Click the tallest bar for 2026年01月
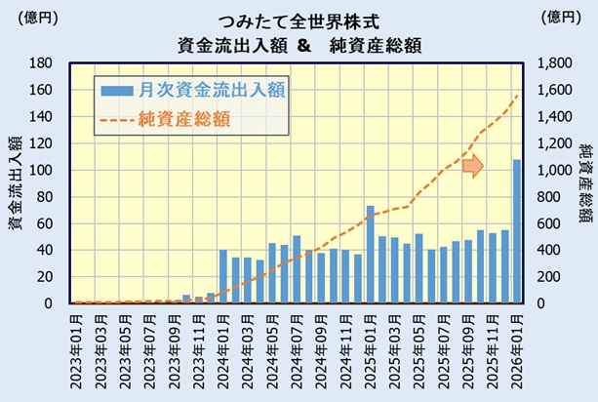(517, 231)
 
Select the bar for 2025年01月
(370, 255)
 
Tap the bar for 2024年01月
(223, 277)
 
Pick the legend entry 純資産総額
(184, 119)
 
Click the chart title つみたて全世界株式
(299, 19)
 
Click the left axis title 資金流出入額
(16, 183)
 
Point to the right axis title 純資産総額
(584, 183)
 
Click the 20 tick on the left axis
(42, 277)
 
